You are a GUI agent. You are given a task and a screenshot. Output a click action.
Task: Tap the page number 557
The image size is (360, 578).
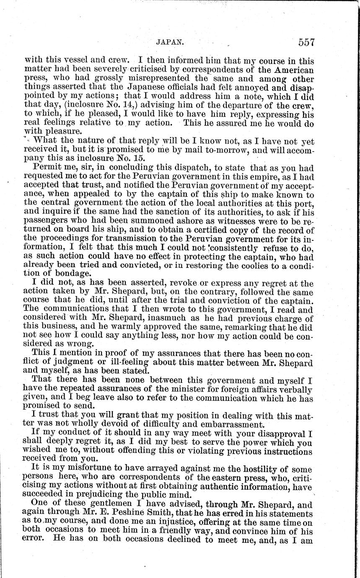306,42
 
